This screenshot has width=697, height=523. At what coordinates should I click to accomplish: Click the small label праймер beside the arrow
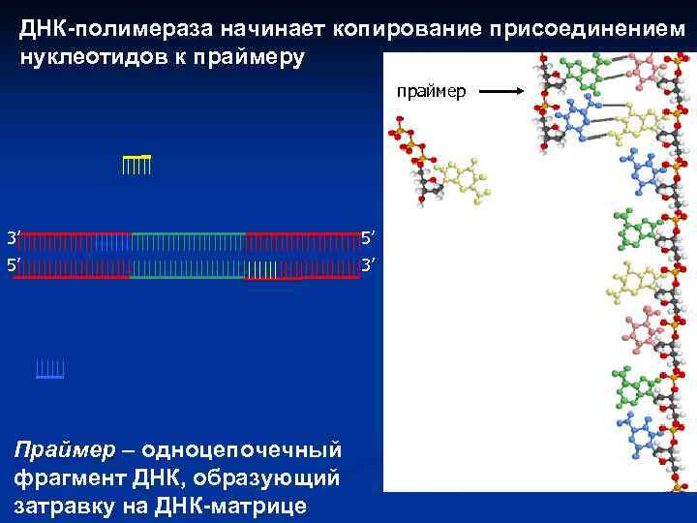point(431,91)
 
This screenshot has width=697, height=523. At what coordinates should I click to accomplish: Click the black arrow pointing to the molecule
point(501,92)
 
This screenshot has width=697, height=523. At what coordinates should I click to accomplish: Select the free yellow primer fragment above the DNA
point(136,164)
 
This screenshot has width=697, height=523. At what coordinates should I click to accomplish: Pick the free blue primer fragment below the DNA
point(49,369)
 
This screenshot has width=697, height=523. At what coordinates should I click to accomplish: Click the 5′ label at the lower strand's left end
point(13,263)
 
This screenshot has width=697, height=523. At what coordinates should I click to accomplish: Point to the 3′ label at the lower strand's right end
point(368,263)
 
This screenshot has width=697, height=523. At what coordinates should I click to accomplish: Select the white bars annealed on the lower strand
point(261,269)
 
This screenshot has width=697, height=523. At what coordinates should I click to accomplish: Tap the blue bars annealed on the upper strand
point(112,242)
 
